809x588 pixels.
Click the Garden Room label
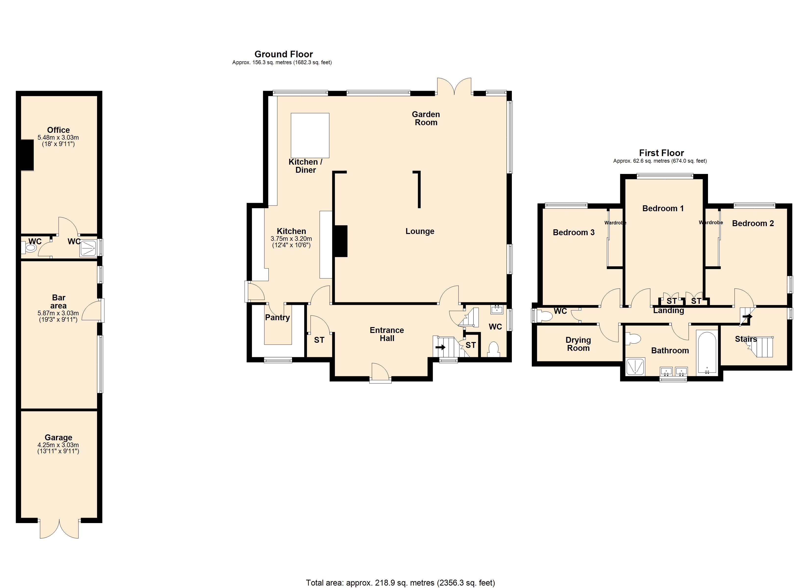426,118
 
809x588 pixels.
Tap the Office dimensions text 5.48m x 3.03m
58,137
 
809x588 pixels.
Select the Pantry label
277,317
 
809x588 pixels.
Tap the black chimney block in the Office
27,155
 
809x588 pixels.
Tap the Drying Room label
578,344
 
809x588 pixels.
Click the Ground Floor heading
284,54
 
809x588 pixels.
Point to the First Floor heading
661,153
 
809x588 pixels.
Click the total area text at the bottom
400,583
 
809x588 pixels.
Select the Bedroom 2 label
753,223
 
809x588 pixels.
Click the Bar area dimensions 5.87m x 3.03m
58,313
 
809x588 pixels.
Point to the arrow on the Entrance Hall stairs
441,347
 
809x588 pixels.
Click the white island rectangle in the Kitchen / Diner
310,135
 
